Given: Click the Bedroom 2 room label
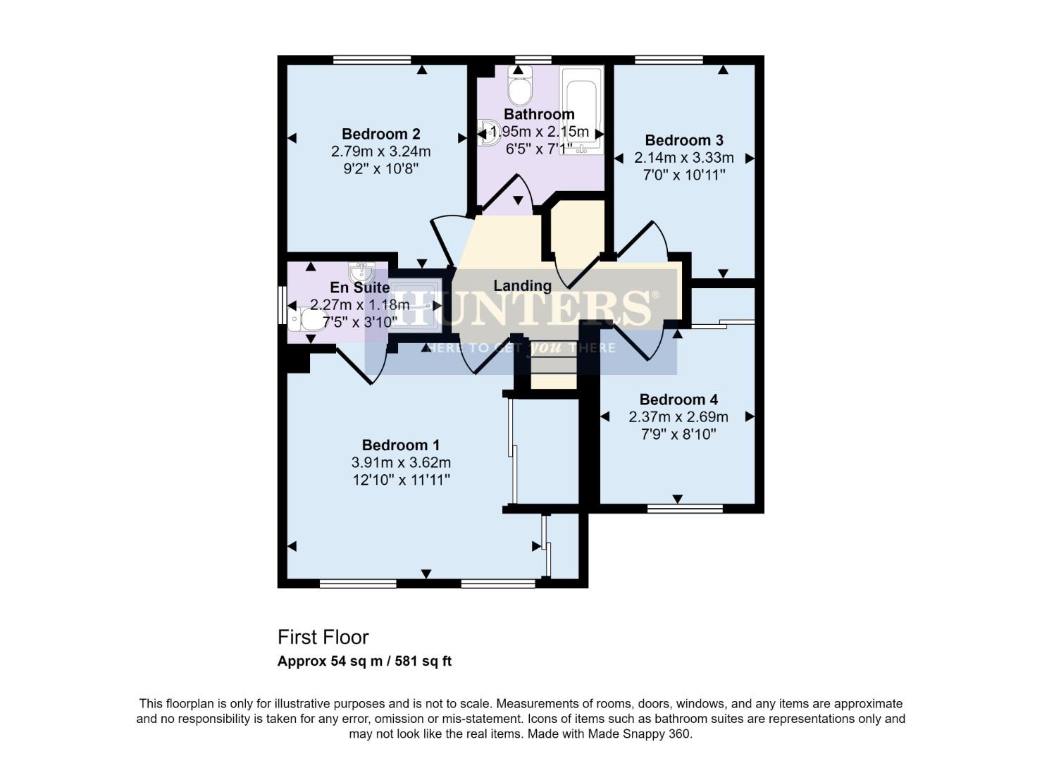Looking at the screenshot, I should click(380, 134).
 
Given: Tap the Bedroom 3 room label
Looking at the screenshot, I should click(683, 140).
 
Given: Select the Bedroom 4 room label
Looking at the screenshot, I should click(678, 400).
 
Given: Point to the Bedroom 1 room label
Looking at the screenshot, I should click(400, 445).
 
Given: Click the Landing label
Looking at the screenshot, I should click(521, 285).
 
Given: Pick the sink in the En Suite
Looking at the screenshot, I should click(361, 271).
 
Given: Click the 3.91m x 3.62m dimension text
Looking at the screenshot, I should click(400, 463).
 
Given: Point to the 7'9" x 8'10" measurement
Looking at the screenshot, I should click(678, 434).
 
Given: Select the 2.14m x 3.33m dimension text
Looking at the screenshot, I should click(683, 158).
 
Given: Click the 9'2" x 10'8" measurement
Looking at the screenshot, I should click(380, 168).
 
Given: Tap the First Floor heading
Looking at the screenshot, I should click(323, 637).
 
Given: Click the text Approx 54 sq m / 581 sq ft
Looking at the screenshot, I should click(364, 662).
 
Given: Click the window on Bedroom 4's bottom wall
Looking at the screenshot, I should click(685, 507).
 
